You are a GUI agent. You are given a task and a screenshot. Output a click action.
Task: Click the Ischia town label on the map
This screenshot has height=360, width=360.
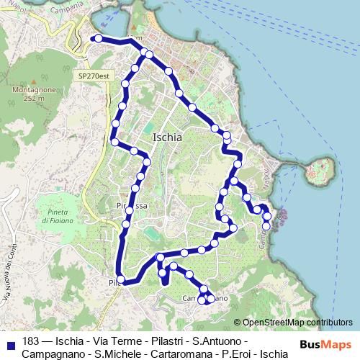point(168,137)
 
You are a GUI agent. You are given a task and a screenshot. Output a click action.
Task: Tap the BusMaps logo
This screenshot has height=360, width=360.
point(325,344)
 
